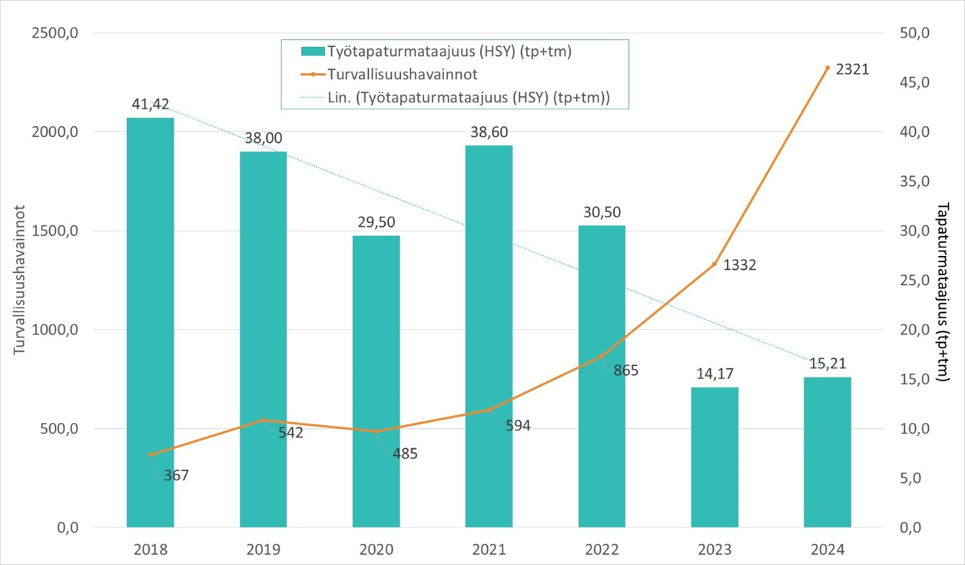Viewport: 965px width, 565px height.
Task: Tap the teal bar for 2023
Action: click(714, 458)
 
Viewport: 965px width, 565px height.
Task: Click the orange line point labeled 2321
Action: click(827, 68)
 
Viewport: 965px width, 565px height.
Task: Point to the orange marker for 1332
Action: click(714, 264)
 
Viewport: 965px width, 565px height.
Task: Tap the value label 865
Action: click(626, 371)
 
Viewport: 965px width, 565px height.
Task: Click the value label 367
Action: click(176, 475)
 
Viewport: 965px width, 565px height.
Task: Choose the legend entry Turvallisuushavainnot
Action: click(394, 74)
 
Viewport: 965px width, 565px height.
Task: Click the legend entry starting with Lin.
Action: click(468, 97)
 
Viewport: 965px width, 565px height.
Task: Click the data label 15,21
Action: click(827, 363)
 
